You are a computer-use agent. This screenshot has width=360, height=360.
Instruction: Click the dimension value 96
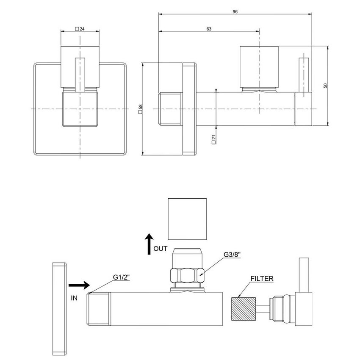point(235,12)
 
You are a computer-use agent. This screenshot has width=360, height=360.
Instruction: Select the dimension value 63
point(209,29)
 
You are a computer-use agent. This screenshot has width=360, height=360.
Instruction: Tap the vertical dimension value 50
point(325,85)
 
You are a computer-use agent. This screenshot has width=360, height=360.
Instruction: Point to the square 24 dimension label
point(80,29)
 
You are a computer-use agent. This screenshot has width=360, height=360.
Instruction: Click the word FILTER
point(262,279)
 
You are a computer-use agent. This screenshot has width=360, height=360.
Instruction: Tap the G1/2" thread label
point(121,277)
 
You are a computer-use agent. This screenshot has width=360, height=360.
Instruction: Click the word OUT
point(161,249)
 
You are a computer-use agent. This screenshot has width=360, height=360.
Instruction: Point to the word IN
point(74,298)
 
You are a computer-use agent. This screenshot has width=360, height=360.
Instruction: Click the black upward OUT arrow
point(149,244)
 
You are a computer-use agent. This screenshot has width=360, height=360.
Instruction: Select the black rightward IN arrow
point(78,285)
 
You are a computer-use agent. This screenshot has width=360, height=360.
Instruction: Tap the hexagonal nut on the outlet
point(187,276)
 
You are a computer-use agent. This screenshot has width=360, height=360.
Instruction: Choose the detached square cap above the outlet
point(188,219)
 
